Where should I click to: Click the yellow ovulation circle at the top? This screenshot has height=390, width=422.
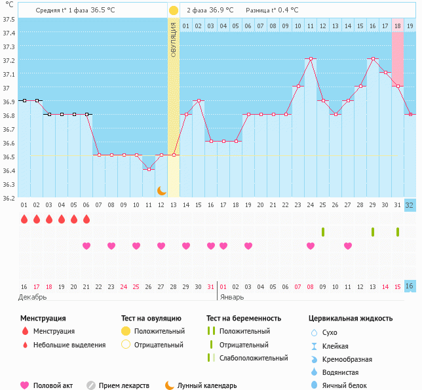pyautogui.click(x=173, y=10)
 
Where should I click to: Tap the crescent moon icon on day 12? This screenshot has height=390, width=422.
pyautogui.click(x=161, y=191)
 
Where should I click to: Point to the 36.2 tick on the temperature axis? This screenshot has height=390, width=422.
pyautogui.click(x=9, y=198)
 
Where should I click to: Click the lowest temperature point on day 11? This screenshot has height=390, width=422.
pyautogui.click(x=149, y=169)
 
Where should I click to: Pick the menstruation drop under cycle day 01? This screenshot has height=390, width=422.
pyautogui.click(x=24, y=219)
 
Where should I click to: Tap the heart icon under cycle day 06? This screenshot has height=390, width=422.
pyautogui.click(x=86, y=246)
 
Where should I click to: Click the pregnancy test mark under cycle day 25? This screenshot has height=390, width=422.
pyautogui.click(x=323, y=232)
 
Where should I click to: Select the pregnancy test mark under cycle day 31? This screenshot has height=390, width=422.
pyautogui.click(x=398, y=232)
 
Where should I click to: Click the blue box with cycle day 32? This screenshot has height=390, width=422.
pyautogui.click(x=410, y=205)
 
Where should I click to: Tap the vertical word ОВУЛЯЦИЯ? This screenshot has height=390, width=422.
pyautogui.click(x=173, y=39)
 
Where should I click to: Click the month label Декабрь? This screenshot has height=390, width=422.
pyautogui.click(x=32, y=297)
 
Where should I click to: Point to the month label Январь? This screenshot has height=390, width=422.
pyautogui.click(x=231, y=297)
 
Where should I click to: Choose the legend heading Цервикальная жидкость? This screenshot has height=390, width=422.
pyautogui.click(x=351, y=319)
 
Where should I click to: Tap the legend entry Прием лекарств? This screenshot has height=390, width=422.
pyautogui.click(x=124, y=385)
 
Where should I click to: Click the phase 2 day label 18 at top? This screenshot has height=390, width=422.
pyautogui.click(x=397, y=26)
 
